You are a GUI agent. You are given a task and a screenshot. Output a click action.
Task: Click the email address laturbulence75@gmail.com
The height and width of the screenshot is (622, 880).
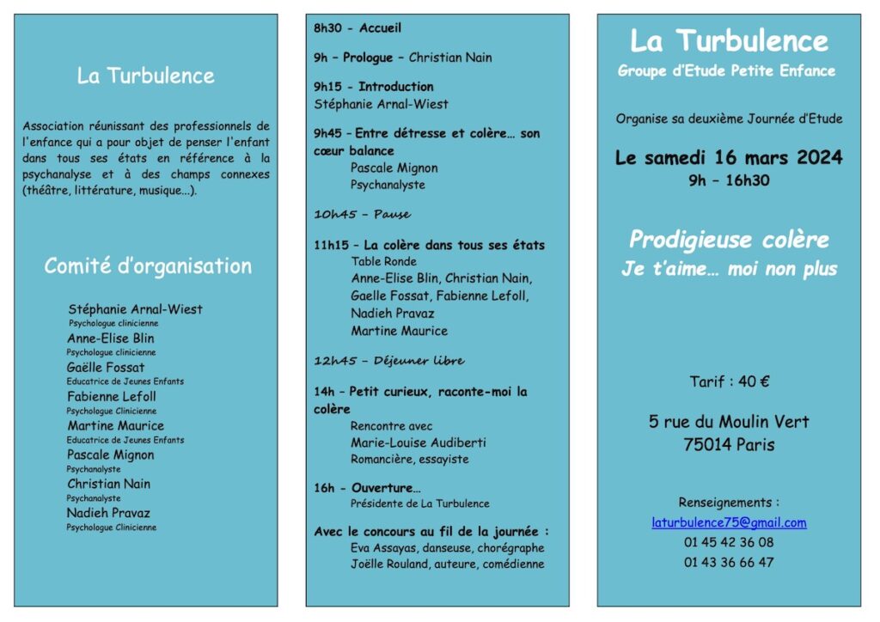729,522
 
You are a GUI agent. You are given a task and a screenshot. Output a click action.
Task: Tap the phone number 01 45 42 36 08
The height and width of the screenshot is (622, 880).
729,542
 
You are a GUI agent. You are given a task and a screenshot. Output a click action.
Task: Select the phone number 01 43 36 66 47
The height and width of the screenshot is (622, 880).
729,562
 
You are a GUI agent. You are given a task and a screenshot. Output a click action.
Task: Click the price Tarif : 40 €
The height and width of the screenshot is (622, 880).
729,381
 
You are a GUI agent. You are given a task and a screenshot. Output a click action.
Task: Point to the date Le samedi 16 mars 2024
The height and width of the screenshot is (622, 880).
729,158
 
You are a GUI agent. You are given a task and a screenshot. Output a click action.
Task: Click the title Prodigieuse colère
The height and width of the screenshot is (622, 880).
729,240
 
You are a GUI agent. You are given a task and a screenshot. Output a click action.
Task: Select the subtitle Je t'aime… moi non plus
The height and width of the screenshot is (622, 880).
729,269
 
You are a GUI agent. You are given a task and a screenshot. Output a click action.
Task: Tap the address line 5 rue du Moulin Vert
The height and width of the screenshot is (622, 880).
729,422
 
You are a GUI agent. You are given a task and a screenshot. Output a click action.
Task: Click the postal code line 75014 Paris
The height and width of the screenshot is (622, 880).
729,445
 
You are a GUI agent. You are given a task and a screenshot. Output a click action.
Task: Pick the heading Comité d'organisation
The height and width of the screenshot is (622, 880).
148,266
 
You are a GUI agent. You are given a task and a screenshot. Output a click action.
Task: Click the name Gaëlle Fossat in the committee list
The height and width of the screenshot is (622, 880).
106,368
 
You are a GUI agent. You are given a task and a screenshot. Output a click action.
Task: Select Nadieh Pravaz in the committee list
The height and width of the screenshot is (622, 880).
108,513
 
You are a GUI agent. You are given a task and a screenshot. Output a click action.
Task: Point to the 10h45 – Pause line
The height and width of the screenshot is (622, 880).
362,214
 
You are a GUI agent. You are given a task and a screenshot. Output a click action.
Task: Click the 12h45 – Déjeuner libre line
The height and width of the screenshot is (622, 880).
388,361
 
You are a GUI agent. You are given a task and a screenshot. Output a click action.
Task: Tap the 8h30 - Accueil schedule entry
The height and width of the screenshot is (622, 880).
357,28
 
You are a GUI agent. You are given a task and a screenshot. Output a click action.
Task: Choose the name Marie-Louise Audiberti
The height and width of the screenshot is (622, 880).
418,442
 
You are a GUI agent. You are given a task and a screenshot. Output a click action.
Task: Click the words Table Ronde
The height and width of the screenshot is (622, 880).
383,261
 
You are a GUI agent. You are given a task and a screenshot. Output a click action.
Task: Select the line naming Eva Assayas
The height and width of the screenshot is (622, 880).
447,548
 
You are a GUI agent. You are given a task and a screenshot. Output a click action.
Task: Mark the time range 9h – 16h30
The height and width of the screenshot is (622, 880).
729,180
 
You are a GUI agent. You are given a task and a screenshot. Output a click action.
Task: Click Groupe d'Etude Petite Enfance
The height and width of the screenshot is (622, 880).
726,71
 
